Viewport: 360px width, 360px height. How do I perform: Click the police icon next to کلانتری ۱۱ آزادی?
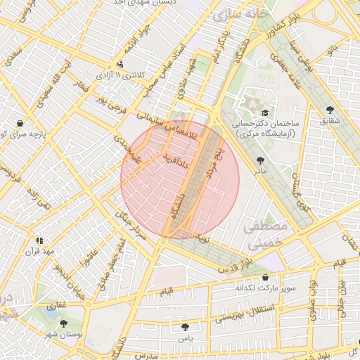click(x=120, y=64)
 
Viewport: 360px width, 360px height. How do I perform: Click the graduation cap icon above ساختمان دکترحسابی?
click(x=264, y=112)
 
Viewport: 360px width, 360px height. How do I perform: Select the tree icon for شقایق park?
click(x=330, y=110)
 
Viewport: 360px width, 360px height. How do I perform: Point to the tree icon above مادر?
click(x=261, y=160)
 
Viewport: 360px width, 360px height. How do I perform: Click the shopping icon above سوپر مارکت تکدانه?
click(x=264, y=278)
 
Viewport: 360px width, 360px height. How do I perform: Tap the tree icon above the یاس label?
click(x=185, y=326)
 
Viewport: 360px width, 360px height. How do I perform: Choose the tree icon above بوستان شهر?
click(x=64, y=323)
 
